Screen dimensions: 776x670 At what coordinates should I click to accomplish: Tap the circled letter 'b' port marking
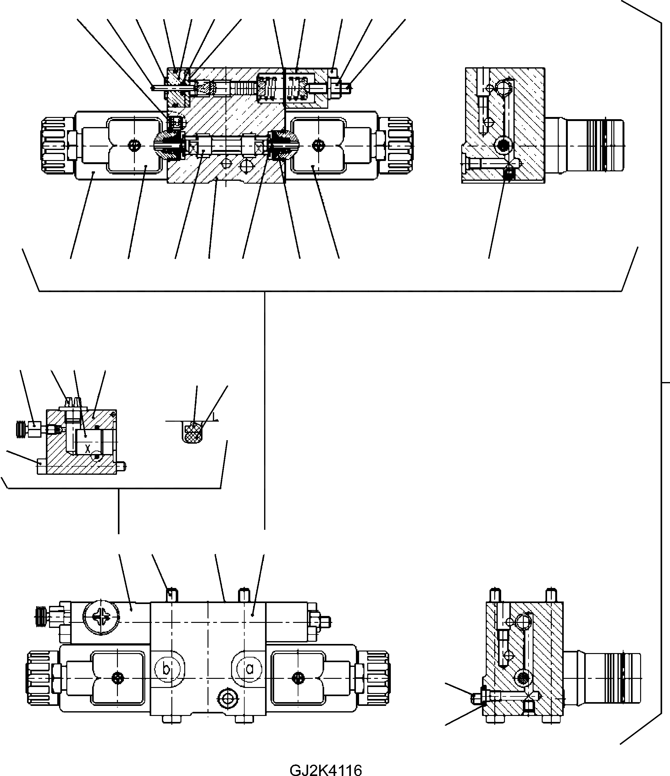click(167, 669)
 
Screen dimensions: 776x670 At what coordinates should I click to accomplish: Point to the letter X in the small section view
click(88, 448)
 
